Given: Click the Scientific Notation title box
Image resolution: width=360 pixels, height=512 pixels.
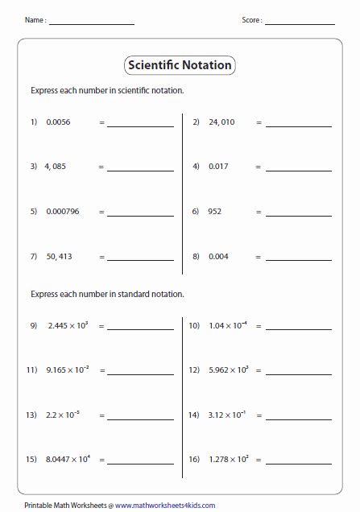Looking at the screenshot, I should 180,65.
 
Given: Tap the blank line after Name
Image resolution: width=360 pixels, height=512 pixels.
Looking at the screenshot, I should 91,23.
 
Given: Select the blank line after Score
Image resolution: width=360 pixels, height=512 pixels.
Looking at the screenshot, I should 300,23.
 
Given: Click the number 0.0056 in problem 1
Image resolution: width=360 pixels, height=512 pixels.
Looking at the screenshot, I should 60,122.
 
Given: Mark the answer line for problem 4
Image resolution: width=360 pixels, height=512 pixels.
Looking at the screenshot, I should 299,170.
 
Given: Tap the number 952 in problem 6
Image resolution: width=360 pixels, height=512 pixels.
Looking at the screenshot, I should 215,212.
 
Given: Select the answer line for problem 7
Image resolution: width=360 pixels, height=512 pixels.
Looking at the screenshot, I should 140,259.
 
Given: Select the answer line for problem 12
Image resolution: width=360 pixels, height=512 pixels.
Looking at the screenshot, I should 299,374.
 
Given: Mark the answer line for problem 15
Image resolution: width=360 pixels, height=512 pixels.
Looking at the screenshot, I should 140,463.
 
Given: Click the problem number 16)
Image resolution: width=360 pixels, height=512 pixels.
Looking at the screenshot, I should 194,460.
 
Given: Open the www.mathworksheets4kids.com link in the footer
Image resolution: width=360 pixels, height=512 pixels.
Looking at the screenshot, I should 165,505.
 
